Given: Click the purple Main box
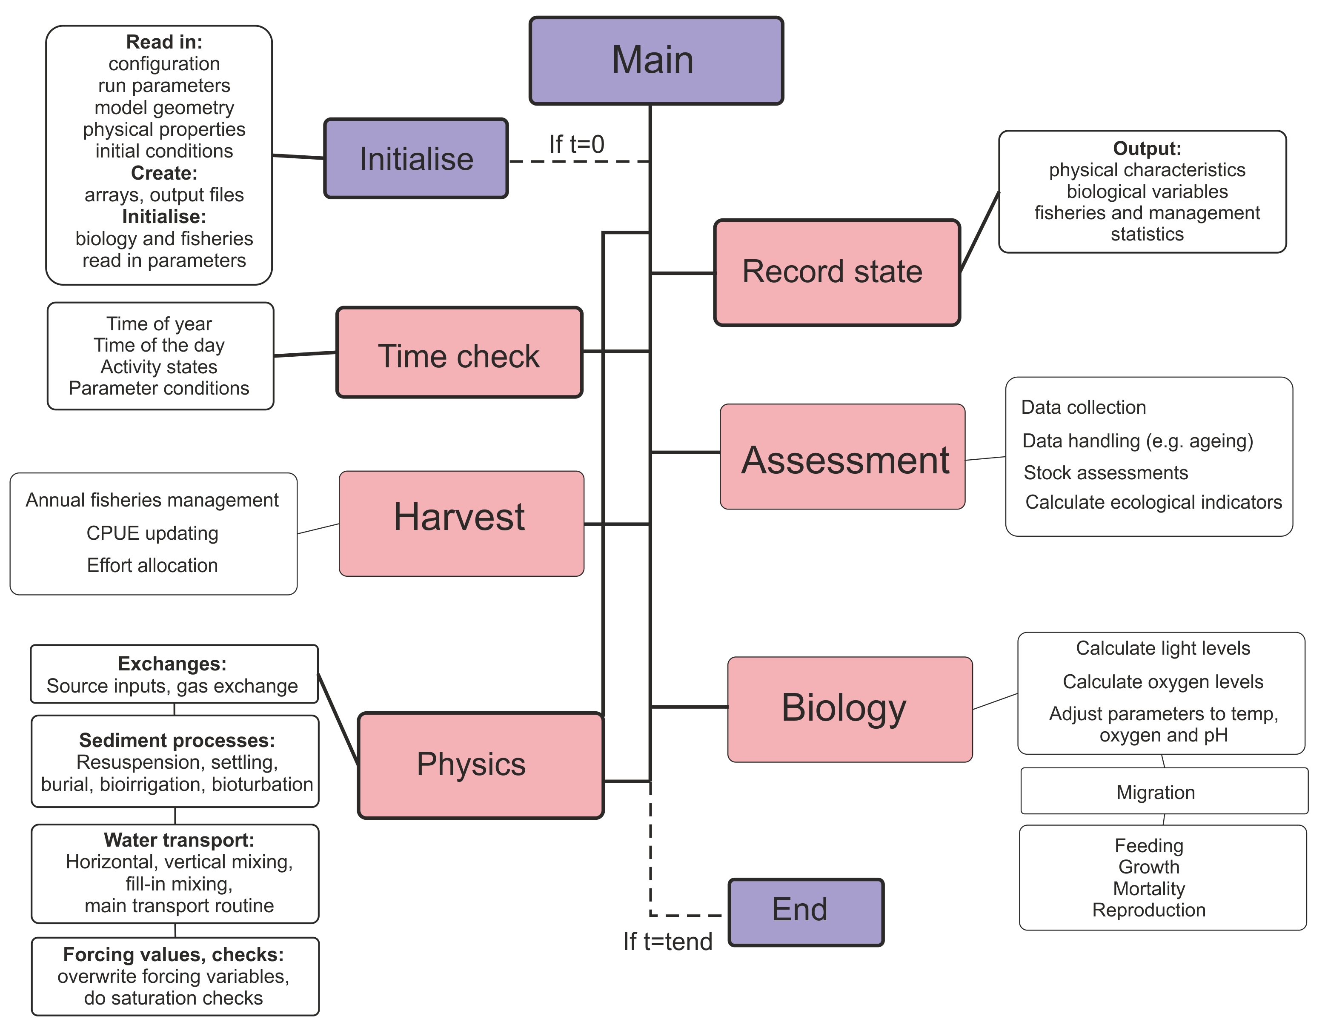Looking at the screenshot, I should (656, 61).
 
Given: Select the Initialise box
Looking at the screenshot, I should (416, 158).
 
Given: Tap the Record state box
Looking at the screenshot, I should (837, 272).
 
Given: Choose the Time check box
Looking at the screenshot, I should (459, 352).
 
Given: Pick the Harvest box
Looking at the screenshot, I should (461, 523).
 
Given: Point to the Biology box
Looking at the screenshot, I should (850, 709).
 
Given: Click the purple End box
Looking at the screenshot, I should (806, 912).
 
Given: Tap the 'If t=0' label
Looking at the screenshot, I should (576, 144).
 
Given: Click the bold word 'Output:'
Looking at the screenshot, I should (1147, 148).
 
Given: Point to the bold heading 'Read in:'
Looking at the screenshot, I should (164, 42).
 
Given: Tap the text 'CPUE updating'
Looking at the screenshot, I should (152, 533).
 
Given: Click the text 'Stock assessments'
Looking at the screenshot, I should (1105, 472).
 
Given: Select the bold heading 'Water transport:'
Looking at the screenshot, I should (179, 840).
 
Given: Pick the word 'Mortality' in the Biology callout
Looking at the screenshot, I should (1148, 888).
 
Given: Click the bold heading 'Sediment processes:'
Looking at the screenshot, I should (177, 740).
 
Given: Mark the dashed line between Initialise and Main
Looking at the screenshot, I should (579, 161).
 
